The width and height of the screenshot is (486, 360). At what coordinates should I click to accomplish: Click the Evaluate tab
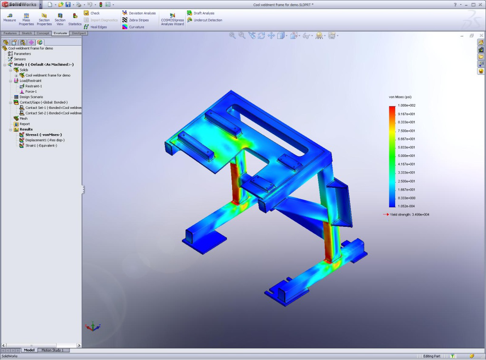pyautogui.click(x=60, y=33)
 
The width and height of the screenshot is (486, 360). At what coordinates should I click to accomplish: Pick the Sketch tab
pyautogui.click(x=27, y=33)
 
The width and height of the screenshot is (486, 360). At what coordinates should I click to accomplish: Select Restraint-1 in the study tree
pyautogui.click(x=33, y=86)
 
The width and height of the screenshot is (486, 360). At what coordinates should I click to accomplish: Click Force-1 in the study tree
pyautogui.click(x=31, y=91)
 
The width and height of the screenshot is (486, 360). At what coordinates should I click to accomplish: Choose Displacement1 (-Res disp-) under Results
pyautogui.click(x=45, y=140)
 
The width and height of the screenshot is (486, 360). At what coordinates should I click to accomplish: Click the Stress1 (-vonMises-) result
pyautogui.click(x=43, y=135)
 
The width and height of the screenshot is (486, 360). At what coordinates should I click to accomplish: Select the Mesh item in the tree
pyautogui.click(x=23, y=118)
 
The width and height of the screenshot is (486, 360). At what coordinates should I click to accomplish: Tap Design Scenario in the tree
pyautogui.click(x=31, y=97)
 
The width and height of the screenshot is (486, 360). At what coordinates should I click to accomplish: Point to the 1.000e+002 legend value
pyautogui.click(x=407, y=105)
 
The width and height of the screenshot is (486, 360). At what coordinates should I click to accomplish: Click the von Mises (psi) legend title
pyautogui.click(x=400, y=97)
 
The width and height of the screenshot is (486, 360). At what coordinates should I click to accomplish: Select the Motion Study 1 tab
pyautogui.click(x=52, y=350)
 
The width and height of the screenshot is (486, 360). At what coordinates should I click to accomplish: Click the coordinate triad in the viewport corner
pyautogui.click(x=92, y=327)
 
